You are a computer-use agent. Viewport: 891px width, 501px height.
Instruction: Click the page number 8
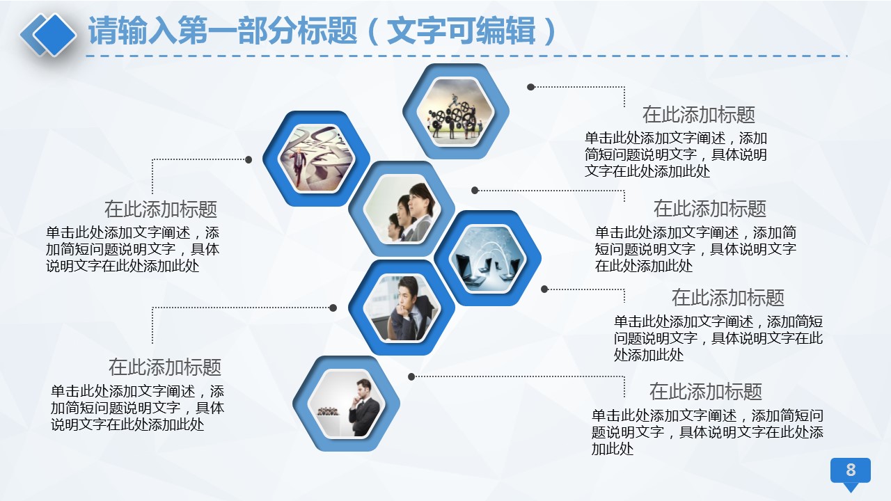click(851, 470)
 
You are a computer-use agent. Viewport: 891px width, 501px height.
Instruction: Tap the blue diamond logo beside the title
click(49, 35)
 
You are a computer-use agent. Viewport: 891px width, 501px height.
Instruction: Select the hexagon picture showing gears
click(456, 111)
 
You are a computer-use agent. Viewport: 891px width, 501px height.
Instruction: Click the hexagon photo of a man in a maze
click(317, 159)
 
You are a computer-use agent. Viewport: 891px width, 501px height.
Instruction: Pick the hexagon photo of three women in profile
click(402, 209)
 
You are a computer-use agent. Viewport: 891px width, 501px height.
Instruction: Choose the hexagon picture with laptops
click(488, 258)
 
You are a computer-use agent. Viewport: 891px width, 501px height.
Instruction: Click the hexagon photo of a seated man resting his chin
click(402, 308)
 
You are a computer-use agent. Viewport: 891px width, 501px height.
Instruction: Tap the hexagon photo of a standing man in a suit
click(347, 404)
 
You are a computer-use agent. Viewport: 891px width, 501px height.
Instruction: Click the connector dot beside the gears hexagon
click(530, 87)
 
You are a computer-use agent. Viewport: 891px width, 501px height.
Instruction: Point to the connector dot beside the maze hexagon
click(249, 160)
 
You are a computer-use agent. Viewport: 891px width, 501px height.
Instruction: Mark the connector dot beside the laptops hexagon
click(544, 289)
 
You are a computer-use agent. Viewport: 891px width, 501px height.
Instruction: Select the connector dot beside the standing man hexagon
click(411, 376)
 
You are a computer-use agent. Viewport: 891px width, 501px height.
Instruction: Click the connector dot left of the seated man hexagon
click(333, 308)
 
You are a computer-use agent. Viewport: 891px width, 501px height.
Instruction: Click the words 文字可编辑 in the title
click(461, 31)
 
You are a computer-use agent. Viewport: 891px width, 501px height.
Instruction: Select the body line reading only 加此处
click(613, 450)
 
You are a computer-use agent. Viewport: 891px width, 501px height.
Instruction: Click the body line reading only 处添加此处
click(649, 355)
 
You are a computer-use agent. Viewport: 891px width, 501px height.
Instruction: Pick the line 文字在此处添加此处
click(647, 171)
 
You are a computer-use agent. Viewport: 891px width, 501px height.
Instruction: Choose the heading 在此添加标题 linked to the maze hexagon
click(161, 209)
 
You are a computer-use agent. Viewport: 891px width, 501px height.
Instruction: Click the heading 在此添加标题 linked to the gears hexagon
click(699, 115)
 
